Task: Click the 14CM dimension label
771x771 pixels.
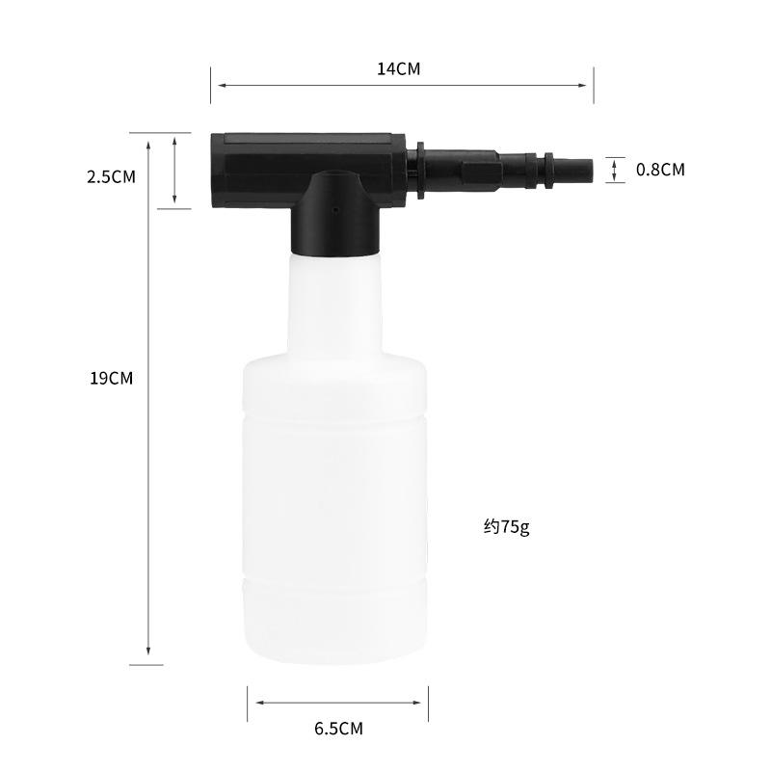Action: (399, 68)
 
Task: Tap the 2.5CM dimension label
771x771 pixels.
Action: (111, 177)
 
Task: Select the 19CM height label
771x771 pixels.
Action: (112, 378)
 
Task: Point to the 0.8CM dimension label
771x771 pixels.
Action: (660, 170)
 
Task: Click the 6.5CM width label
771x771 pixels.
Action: (339, 729)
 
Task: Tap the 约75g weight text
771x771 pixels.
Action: (507, 527)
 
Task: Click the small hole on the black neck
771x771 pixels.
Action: (335, 210)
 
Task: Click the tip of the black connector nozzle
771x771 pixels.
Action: (592, 170)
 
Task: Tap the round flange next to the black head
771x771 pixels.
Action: (420, 171)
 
